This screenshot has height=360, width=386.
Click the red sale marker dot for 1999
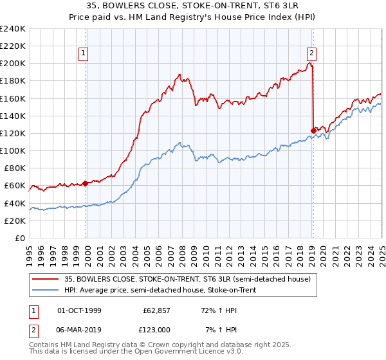pyautogui.click(x=85, y=183)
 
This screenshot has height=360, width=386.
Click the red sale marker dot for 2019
pyautogui.click(x=313, y=130)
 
